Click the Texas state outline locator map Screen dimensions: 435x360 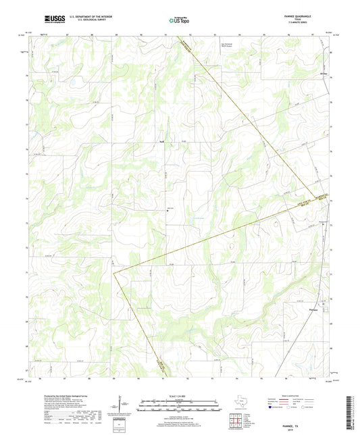click(x=241, y=403)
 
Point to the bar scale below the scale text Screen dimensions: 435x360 click(x=179, y=405)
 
